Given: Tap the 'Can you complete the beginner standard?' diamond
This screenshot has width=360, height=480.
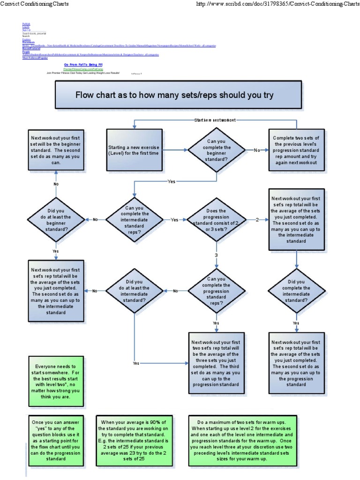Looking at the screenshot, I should pyautogui.click(x=216, y=150).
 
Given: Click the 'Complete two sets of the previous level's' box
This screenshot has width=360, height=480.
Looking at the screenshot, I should pyautogui.click(x=296, y=150).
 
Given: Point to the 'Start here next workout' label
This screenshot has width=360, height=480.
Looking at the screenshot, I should pyautogui.click(x=215, y=120).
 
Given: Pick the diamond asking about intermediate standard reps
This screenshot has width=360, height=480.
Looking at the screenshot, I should pyautogui.click(x=135, y=219).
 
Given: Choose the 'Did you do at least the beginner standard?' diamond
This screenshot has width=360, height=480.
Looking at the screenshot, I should pyautogui.click(x=56, y=219).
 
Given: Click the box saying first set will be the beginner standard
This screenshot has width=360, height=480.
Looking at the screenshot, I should pyautogui.click(x=56, y=150).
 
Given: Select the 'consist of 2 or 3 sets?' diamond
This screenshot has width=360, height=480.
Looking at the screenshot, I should pyautogui.click(x=216, y=219).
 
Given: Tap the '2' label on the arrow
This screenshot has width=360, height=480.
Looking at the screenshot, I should pyautogui.click(x=257, y=219).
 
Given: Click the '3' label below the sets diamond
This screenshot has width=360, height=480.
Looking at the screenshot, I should pyautogui.click(x=216, y=255).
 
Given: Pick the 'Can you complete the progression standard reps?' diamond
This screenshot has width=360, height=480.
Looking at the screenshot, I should pyautogui.click(x=216, y=291).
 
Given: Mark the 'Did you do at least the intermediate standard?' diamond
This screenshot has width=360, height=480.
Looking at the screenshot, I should pyautogui.click(x=135, y=291).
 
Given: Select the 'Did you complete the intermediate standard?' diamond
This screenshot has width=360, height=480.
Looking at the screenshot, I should pyautogui.click(x=296, y=291).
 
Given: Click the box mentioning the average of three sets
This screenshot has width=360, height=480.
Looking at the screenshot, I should pyautogui.click(x=216, y=362).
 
